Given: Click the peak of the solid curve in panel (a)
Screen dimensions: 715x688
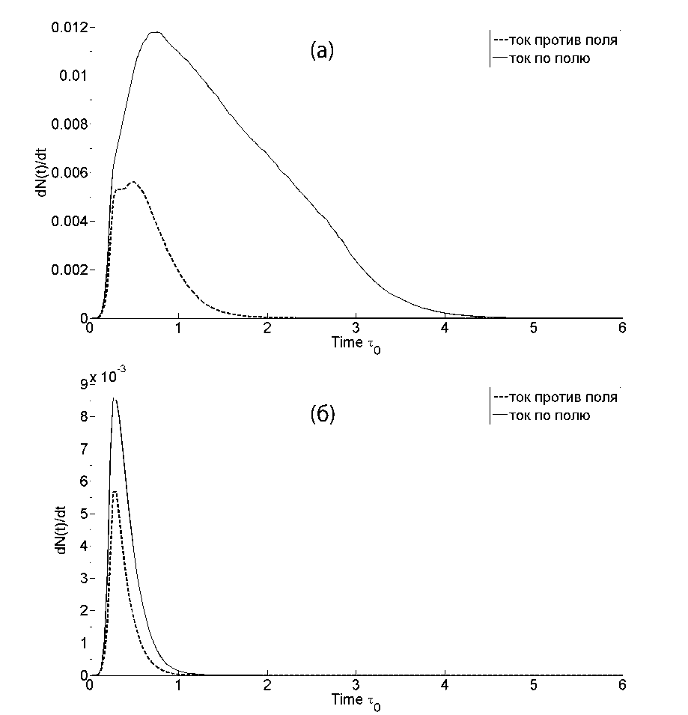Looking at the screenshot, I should tap(155, 32).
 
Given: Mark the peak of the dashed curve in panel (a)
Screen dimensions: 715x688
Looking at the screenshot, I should tap(133, 182).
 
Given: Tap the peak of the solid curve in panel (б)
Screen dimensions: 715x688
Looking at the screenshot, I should tap(114, 399).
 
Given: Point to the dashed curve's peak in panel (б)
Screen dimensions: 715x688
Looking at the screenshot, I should tap(115, 491).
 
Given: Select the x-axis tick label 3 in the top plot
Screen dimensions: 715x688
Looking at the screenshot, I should tap(356, 329).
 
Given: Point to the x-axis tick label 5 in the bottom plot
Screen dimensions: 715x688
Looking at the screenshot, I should tap(533, 686).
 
